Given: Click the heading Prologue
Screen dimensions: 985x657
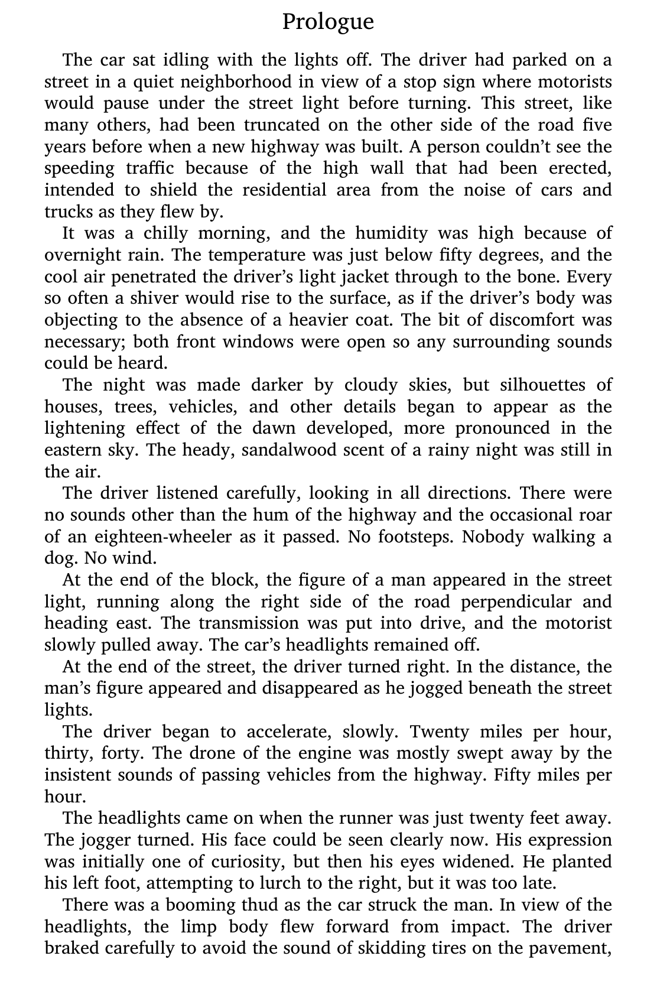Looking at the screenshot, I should (x=328, y=22).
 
